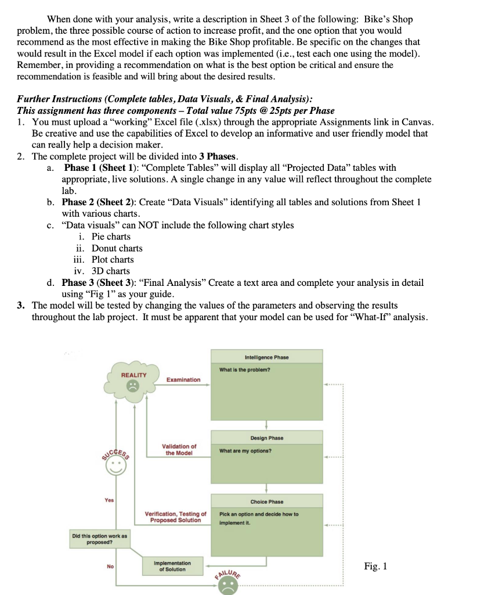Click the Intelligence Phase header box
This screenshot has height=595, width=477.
(266, 357)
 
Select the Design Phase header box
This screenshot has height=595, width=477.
(266, 438)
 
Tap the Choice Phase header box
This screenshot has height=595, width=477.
(266, 501)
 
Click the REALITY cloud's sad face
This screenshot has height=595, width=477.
(133, 385)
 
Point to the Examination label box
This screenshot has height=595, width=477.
(183, 379)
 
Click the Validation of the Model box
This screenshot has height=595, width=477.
(179, 450)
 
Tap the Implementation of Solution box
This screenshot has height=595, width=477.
(171, 566)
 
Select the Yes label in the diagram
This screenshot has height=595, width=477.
(110, 500)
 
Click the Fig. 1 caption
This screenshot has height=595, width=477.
(375, 566)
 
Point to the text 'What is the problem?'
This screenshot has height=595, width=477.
(244, 370)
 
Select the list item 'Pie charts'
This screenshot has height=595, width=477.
(111, 236)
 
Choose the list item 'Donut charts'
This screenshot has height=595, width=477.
(117, 248)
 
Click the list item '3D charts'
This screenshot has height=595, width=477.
(111, 271)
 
